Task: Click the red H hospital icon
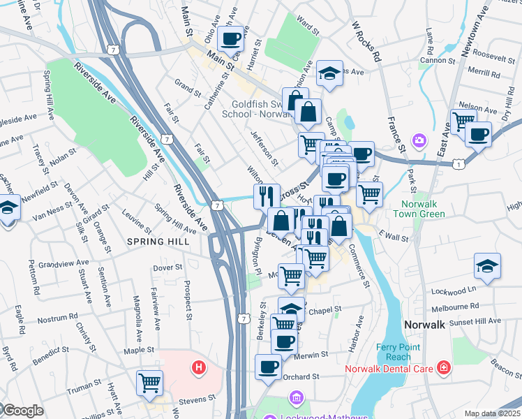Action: point(199,367)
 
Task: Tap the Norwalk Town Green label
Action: point(423,209)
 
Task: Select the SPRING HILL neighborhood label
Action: point(156,241)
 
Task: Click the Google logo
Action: point(22,411)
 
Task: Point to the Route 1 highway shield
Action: point(458,163)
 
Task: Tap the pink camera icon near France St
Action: point(419,141)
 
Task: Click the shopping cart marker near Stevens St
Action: point(149,382)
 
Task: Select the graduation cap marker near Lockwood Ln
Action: point(487,266)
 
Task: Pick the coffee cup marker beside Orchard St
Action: point(268,367)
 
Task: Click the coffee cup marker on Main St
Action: point(231,38)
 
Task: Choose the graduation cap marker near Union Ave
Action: point(329,73)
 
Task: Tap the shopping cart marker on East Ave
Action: point(463,122)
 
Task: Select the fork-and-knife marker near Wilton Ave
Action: point(267,196)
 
